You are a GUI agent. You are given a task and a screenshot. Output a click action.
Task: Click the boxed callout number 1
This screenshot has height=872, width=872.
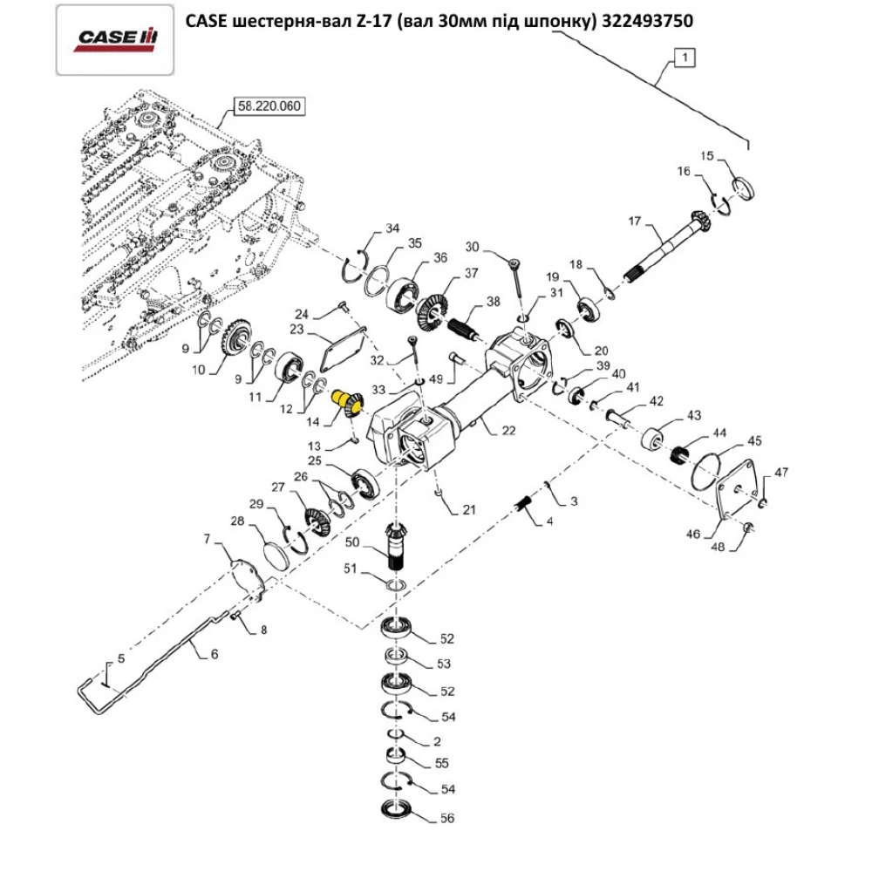pos(685,59)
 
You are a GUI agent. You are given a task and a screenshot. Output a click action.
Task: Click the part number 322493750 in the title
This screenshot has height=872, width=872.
pos(649,22)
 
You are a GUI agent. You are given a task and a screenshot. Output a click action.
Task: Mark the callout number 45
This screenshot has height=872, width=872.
pos(753,440)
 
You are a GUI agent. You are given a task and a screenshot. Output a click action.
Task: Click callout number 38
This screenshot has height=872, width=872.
pos(494,302)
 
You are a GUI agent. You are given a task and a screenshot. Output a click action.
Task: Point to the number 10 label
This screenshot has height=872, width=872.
pos(199,370)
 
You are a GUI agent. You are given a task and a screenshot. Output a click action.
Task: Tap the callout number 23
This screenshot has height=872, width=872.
pos(296,330)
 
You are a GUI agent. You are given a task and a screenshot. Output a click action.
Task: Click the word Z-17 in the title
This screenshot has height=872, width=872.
pos(374,22)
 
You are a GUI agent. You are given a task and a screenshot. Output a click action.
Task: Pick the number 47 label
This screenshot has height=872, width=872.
pos(780,473)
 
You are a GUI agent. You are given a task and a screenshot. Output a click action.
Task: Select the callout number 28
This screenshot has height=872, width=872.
pos(236,521)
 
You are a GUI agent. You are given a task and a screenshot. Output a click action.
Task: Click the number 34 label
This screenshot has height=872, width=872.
pos(392,228)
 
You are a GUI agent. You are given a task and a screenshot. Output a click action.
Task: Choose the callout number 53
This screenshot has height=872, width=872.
pos(444,664)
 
